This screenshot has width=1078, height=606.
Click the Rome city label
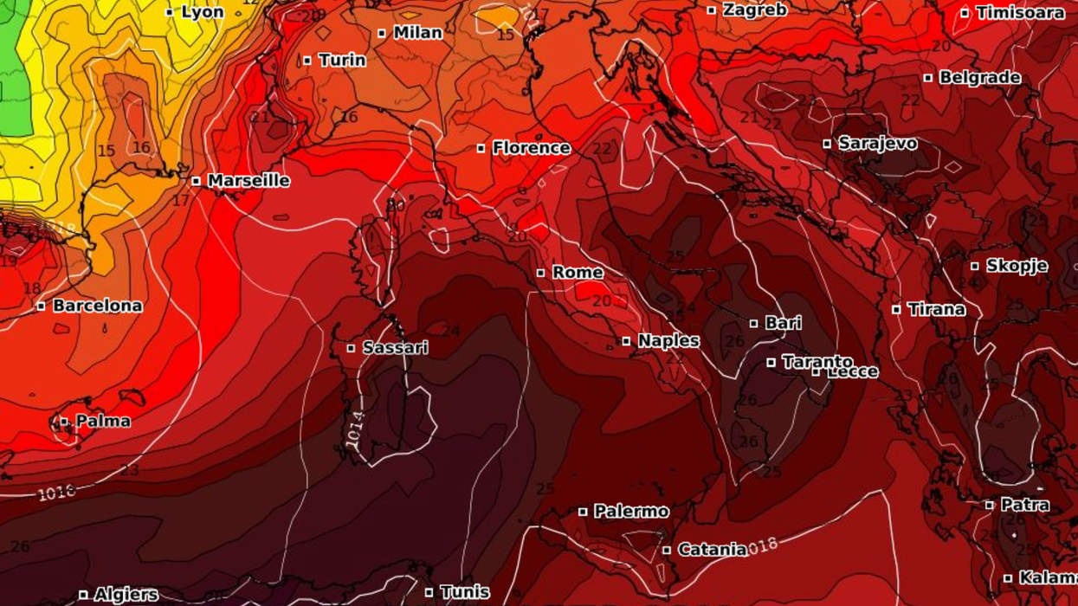578,273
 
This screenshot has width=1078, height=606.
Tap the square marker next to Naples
626,341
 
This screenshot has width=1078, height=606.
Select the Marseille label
249,181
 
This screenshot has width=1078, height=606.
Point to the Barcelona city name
97,306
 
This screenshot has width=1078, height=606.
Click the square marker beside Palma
64,422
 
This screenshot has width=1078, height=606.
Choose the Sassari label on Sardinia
395,348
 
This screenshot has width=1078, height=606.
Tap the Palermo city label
630,512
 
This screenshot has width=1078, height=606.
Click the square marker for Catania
667,550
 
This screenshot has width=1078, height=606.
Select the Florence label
531,148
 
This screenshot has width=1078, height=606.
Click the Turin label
342,61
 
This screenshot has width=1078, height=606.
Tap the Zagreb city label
754,10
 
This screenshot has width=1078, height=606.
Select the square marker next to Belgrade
927,78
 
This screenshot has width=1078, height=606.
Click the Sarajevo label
877,144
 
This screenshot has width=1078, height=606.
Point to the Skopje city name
1017,266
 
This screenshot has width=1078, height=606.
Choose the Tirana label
936,309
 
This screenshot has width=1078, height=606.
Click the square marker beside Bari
753,324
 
